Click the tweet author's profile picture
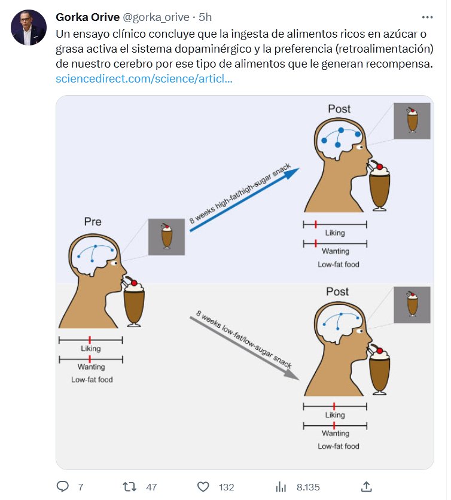tap(29, 28)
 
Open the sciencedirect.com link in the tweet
tap(144, 79)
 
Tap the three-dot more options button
tap(427, 17)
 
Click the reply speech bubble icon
tap(63, 487)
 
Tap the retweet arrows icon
tap(129, 487)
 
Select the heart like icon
tap(203, 487)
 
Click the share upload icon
tap(367, 487)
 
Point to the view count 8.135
tap(308, 487)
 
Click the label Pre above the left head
tap(93, 222)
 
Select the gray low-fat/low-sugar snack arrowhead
tap(291, 374)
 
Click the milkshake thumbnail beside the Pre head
tap(166, 237)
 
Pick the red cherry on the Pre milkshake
tap(134, 283)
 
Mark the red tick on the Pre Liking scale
tap(90, 340)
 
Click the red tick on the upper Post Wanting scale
tap(316, 243)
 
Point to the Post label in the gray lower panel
tap(337, 291)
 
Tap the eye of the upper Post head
tap(361, 147)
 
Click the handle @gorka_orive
tap(156, 17)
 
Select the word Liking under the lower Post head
tap(335, 415)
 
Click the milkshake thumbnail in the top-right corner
tap(412, 121)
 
